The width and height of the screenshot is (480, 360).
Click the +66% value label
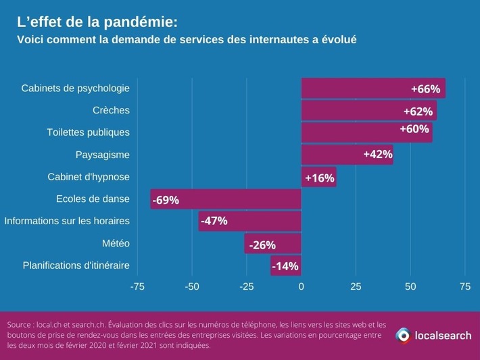[425, 89]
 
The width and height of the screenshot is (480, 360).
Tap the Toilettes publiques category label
[88, 132]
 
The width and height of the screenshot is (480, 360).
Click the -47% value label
[213, 221]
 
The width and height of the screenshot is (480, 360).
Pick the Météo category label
[115, 243]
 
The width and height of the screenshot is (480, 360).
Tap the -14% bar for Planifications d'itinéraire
[285, 265]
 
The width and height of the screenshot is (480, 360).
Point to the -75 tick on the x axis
[137, 286]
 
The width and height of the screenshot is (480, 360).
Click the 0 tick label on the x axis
[301, 286]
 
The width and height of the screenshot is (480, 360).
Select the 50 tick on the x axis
[410, 286]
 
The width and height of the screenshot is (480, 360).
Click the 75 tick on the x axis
[464, 286]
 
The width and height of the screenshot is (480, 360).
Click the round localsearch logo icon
[403, 335]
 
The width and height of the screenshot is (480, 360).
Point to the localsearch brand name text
[442, 335]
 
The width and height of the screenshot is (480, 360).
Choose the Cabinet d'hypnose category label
[88, 177]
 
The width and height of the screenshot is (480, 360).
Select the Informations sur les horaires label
[66, 221]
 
